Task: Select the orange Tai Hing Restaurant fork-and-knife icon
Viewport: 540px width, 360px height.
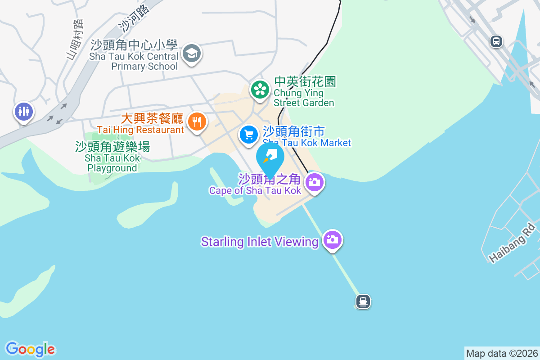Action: tap(197, 121)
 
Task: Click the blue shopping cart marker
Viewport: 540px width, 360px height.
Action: tap(248, 135)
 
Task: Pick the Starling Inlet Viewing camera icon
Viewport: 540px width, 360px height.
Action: tap(333, 239)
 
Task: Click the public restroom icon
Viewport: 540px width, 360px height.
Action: tap(23, 111)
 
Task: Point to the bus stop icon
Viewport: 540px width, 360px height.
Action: tap(496, 41)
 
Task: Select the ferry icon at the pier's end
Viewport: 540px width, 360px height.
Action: tap(363, 301)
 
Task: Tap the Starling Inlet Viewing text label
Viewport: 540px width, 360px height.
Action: tap(260, 242)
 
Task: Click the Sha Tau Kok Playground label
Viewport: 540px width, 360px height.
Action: tap(112, 157)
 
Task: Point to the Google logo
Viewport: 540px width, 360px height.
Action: tap(30, 349)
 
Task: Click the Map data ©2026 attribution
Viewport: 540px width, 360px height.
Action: tap(501, 353)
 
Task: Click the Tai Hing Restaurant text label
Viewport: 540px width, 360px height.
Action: tap(140, 130)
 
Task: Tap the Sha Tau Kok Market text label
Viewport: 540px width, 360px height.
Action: tap(307, 143)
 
